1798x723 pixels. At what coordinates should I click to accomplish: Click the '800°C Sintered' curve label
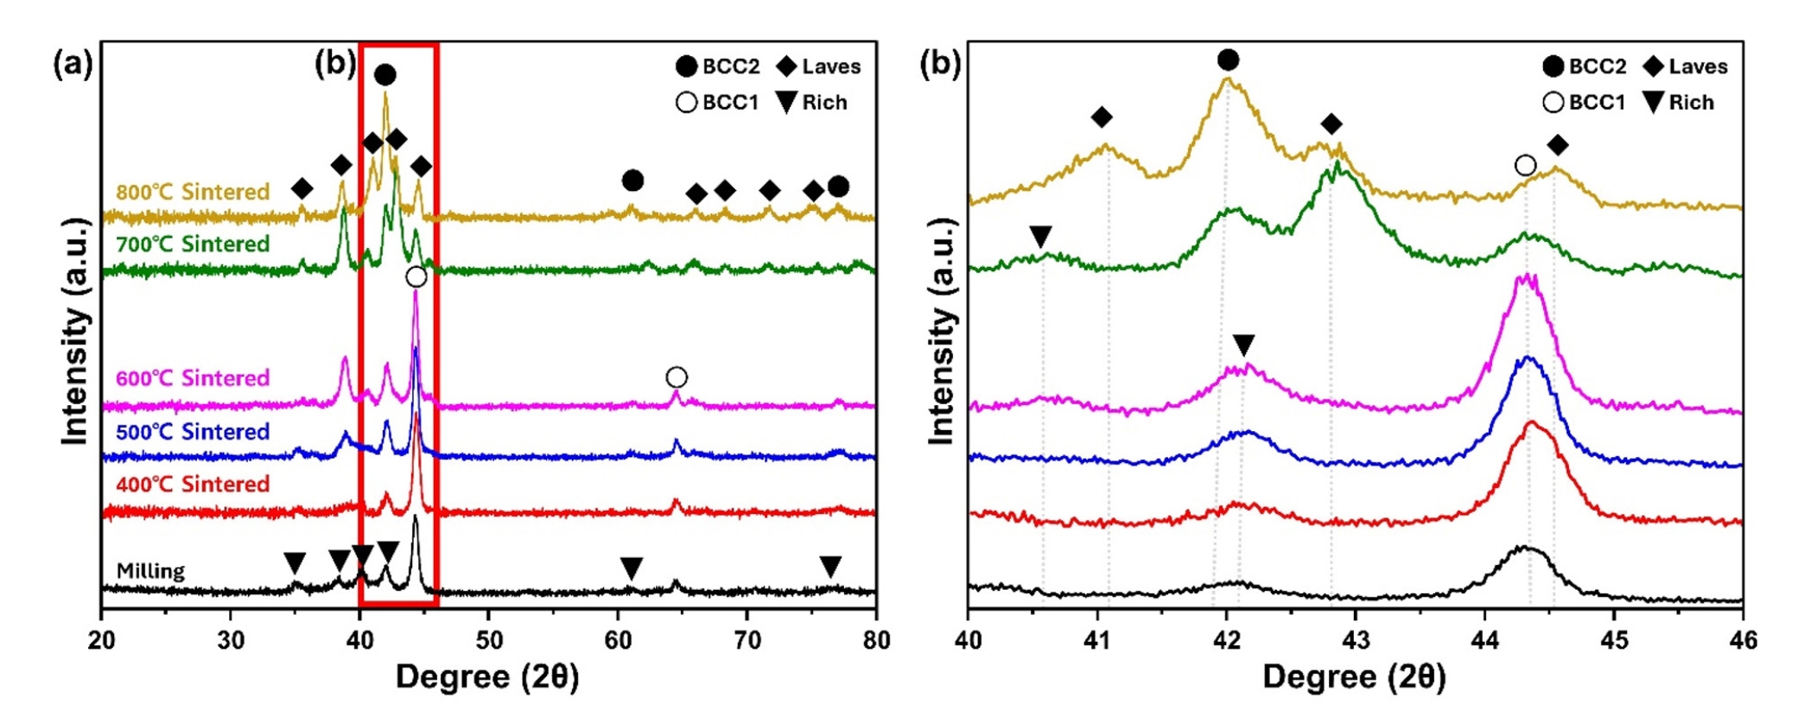click(x=193, y=191)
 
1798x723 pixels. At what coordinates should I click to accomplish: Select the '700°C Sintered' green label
click(x=193, y=244)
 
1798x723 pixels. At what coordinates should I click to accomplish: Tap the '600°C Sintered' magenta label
click(x=193, y=378)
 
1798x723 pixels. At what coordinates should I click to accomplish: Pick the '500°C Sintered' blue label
click(x=193, y=432)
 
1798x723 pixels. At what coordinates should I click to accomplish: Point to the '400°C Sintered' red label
click(x=193, y=484)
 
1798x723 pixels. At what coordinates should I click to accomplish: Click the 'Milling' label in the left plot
click(x=150, y=571)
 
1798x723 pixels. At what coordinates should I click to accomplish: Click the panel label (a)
click(x=73, y=65)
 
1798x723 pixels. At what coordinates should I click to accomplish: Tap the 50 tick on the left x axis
click(x=488, y=640)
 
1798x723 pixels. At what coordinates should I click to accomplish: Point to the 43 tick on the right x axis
click(x=1355, y=640)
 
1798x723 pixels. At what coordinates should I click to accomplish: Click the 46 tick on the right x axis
click(x=1742, y=640)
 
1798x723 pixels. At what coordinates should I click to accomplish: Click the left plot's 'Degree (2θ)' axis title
click(x=487, y=677)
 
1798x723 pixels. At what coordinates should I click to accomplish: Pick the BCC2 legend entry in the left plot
click(x=718, y=67)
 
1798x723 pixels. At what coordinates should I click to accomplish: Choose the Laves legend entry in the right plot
click(x=1685, y=67)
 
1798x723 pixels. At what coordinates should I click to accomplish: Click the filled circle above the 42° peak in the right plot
click(x=1228, y=60)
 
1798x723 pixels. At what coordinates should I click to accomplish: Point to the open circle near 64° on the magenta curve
click(x=677, y=377)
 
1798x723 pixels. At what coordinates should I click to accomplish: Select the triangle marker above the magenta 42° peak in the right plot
click(x=1243, y=346)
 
